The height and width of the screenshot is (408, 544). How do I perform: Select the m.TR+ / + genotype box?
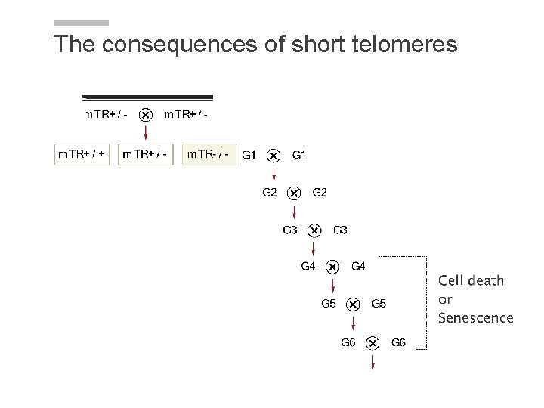click(x=83, y=155)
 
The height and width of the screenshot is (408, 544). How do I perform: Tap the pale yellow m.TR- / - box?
click(x=209, y=155)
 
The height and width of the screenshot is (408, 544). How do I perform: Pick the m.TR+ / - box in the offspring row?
click(x=147, y=155)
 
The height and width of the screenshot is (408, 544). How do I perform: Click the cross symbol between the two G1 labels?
click(x=274, y=156)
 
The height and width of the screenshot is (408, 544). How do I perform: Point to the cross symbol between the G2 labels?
click(x=295, y=193)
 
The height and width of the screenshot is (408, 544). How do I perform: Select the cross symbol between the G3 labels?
click(x=315, y=230)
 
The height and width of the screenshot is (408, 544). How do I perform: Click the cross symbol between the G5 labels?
click(x=353, y=304)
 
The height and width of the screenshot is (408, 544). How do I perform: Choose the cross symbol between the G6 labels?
click(x=372, y=343)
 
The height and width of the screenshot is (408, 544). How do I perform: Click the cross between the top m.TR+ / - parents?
click(x=147, y=115)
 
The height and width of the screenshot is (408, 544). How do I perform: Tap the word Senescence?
click(x=475, y=318)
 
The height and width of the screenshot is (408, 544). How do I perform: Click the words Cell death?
click(x=471, y=280)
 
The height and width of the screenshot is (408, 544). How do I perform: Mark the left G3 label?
click(x=290, y=230)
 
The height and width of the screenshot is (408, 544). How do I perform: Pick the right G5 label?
click(x=379, y=304)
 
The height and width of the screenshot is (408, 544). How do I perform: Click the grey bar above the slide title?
click(x=82, y=23)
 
